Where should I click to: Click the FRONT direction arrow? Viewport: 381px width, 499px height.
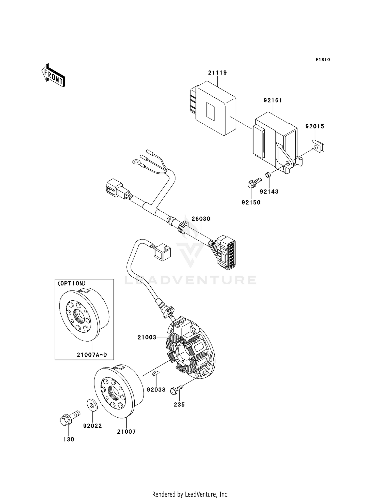pyautogui.click(x=53, y=76)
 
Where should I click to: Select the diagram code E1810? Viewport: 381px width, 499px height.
pyautogui.click(x=323, y=60)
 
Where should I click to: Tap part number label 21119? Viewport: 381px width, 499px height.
pyautogui.click(x=217, y=73)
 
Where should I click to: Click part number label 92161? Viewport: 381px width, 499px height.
pyautogui.click(x=273, y=100)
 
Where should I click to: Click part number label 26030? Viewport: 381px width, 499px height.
pyautogui.click(x=201, y=219)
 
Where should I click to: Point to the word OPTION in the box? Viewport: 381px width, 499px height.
pyautogui.click(x=72, y=284)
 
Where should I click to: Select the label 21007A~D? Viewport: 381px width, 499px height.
pyautogui.click(x=92, y=355)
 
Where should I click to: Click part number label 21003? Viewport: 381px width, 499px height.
pyautogui.click(x=147, y=337)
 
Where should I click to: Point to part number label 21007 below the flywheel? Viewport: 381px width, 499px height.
pyautogui.click(x=126, y=432)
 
